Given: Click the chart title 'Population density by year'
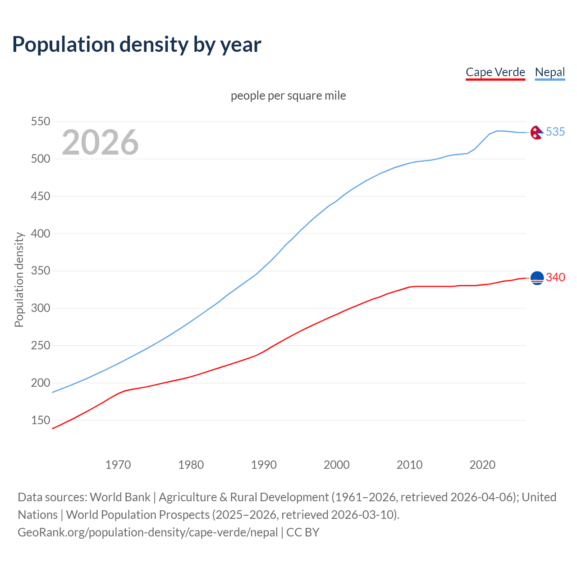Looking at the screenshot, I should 137,44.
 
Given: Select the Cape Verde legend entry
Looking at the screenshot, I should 495,72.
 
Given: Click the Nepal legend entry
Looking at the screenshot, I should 550,72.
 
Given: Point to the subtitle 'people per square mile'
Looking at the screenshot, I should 288,96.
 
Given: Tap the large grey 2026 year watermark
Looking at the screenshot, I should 100,142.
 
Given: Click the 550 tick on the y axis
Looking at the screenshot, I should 40,122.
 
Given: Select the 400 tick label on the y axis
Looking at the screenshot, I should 40,234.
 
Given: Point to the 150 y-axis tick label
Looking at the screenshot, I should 40,420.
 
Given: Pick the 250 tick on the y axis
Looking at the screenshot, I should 40,346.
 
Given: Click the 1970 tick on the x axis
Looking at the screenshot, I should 118,465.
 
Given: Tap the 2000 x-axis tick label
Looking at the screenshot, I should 337,465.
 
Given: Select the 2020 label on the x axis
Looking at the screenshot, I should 482,465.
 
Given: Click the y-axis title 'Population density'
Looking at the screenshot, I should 19,279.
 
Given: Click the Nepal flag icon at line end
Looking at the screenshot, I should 536,132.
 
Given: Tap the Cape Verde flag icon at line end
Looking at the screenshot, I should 537,278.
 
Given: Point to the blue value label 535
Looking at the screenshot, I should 555,132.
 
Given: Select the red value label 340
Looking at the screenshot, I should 555,277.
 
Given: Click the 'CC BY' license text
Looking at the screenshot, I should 303,532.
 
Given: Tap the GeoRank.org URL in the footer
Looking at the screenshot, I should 148,532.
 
